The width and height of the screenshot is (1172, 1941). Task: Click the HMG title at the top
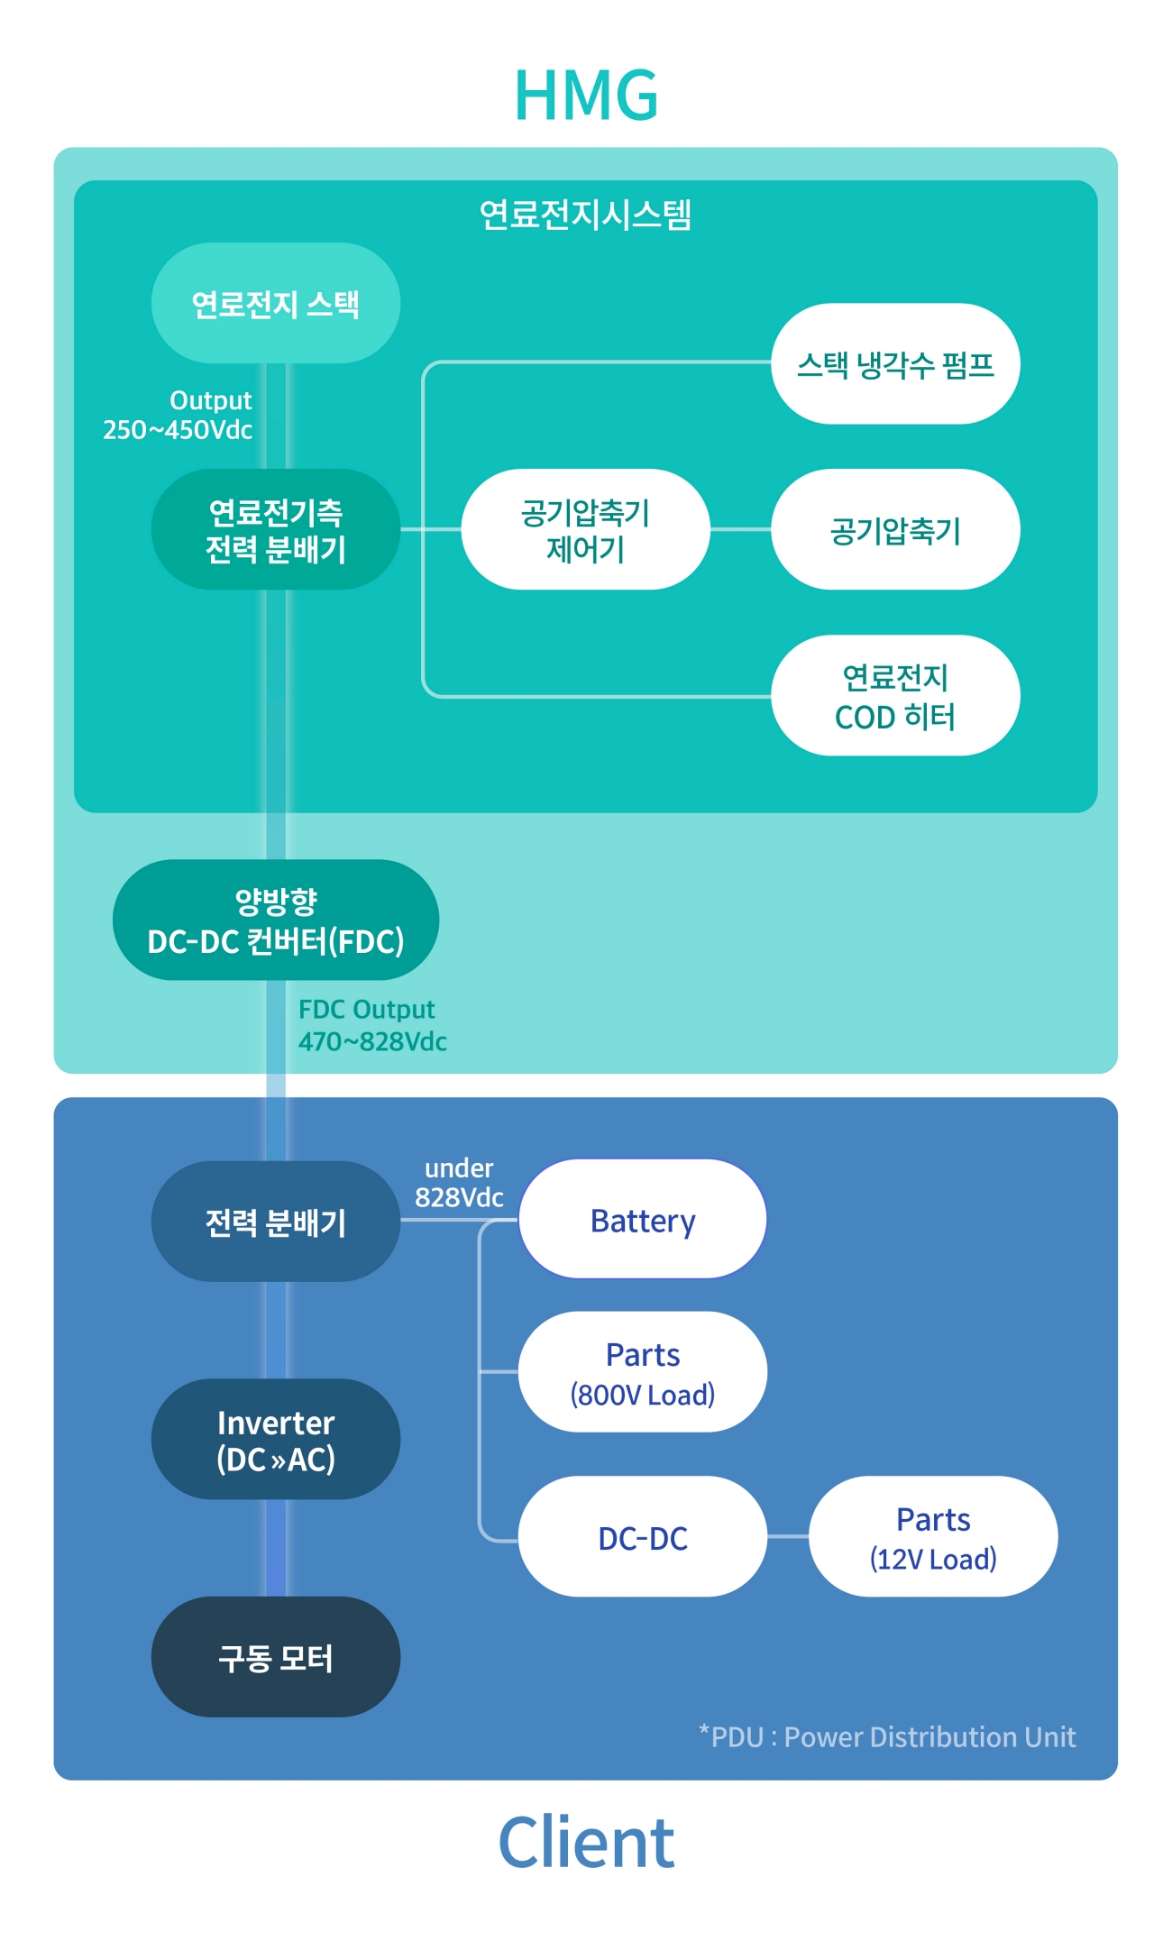[x=586, y=96]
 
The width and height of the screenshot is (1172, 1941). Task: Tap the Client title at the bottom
[x=586, y=1843]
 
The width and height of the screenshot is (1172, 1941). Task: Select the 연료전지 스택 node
[x=276, y=304]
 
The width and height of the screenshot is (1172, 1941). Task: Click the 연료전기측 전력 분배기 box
[x=276, y=530]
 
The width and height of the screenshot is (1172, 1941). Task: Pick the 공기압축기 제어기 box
[x=585, y=530]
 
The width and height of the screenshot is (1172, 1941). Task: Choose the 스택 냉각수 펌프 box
[x=895, y=364]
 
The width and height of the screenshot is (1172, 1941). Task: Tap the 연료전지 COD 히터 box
[x=895, y=696]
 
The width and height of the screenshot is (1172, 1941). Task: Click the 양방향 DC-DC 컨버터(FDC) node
[x=276, y=920]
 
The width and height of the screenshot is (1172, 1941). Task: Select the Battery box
[x=643, y=1220]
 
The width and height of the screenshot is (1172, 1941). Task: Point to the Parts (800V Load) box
[x=643, y=1372]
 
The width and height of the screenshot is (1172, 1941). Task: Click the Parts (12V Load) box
[x=933, y=1537]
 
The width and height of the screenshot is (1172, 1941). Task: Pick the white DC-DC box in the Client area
[x=643, y=1537]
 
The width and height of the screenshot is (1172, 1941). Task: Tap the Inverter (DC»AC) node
[x=276, y=1440]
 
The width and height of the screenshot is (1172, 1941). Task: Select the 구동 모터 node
[x=276, y=1658]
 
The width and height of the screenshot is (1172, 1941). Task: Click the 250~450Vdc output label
[x=178, y=430]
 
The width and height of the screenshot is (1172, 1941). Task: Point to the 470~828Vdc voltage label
[x=372, y=1042]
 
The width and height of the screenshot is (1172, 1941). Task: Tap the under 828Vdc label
[x=459, y=1183]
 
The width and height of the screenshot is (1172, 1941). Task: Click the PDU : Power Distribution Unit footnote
[x=889, y=1737]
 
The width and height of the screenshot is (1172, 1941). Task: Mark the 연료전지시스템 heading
[x=585, y=215]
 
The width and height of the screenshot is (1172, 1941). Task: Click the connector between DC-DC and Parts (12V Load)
[x=788, y=1536]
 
